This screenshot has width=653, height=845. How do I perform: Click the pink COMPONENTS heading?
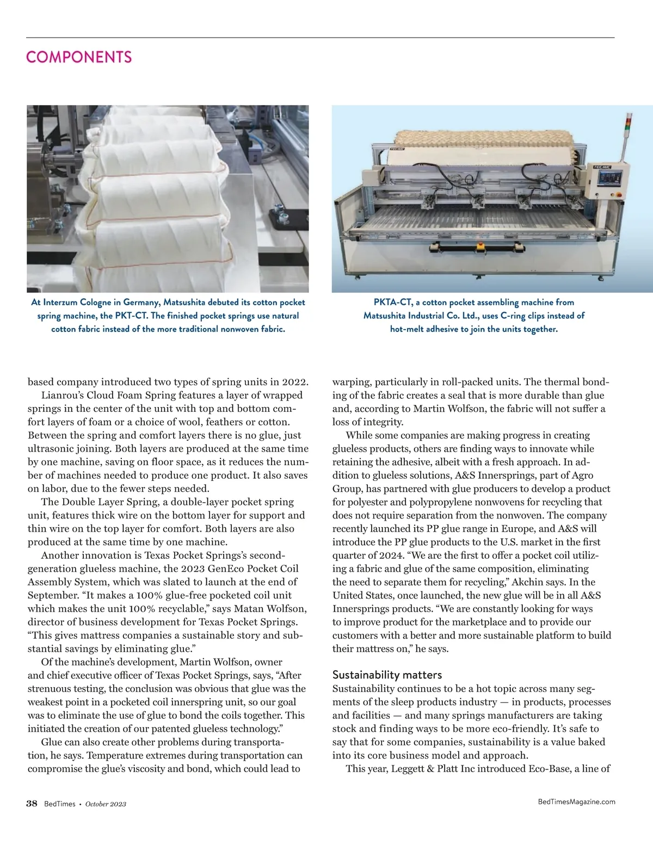pyautogui.click(x=79, y=57)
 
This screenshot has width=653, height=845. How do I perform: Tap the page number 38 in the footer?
pyautogui.click(x=32, y=804)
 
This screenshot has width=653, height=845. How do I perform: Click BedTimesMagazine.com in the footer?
pyautogui.click(x=576, y=801)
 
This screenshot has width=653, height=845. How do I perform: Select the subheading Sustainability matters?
pyautogui.click(x=387, y=675)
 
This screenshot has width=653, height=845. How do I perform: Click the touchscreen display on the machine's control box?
pyautogui.click(x=609, y=178)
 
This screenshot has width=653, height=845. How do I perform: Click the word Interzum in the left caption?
pyautogui.click(x=60, y=303)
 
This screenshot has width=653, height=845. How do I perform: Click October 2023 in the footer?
pyautogui.click(x=106, y=804)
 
